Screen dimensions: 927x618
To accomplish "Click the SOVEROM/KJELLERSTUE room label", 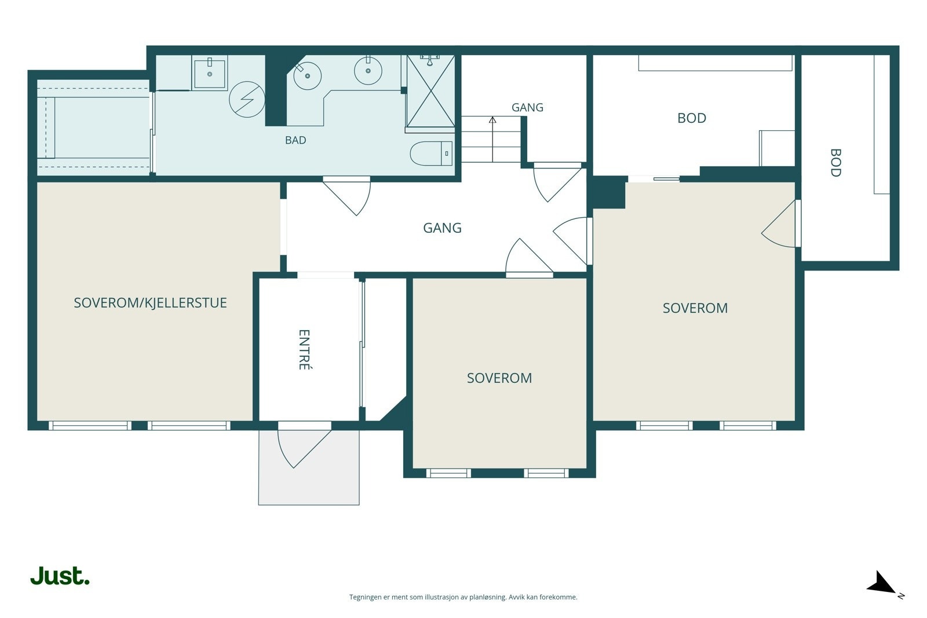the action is tap(150, 303).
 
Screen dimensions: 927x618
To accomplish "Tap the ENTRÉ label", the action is tap(304, 349).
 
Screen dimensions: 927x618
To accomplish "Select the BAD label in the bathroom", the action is tap(295, 140).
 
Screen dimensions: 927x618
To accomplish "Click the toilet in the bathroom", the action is tap(431, 153).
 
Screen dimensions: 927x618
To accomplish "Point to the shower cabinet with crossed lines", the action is tap(430, 91).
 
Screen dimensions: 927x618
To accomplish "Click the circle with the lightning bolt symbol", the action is tap(247, 99).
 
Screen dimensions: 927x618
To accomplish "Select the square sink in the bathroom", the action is tap(209, 73).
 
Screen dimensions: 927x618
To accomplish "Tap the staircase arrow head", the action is tap(492, 120).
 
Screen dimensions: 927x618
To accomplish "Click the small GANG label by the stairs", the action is tap(527, 108).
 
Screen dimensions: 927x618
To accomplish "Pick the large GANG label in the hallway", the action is tap(442, 228).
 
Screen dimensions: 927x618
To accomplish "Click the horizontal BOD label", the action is tap(692, 118).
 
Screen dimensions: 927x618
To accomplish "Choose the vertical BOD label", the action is tap(835, 163).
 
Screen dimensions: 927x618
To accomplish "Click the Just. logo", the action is tap(60, 576).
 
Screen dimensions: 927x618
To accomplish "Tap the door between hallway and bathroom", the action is tap(347, 196).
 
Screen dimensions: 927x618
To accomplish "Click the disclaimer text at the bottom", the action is tap(463, 597).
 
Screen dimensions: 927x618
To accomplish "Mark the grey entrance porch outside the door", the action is tap(309, 467).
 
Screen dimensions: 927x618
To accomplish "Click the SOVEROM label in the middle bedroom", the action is tap(499, 378).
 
